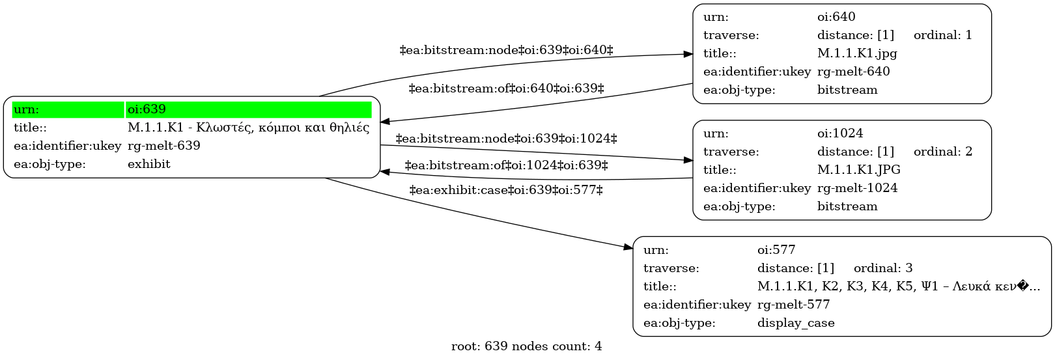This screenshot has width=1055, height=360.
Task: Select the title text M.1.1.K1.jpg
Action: (857, 53)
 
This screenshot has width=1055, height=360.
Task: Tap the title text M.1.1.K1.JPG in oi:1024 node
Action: (859, 169)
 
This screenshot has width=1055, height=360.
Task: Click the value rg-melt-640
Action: (853, 72)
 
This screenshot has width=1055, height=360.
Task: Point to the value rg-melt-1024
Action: (857, 188)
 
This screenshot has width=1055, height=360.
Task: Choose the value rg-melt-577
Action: (794, 305)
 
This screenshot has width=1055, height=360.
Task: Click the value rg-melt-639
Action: (164, 146)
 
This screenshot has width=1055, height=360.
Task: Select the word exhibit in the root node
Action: (149, 164)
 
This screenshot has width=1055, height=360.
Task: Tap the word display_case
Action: (796, 324)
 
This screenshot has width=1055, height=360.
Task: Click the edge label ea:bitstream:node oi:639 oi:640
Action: (506, 50)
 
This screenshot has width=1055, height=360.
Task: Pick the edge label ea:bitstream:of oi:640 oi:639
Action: (506, 89)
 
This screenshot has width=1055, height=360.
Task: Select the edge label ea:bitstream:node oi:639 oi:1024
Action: (506, 139)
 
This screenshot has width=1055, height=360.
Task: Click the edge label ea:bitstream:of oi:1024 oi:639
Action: (506, 165)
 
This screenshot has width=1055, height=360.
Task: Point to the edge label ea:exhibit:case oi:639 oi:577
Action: (506, 191)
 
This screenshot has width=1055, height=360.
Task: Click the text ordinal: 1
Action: (943, 35)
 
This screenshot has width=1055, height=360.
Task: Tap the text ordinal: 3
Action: (883, 268)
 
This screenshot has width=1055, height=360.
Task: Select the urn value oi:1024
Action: (840, 133)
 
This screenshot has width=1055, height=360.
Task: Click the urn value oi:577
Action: (776, 250)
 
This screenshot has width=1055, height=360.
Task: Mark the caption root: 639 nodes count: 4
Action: (527, 347)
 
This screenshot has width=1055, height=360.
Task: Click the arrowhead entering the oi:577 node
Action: (628, 247)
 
